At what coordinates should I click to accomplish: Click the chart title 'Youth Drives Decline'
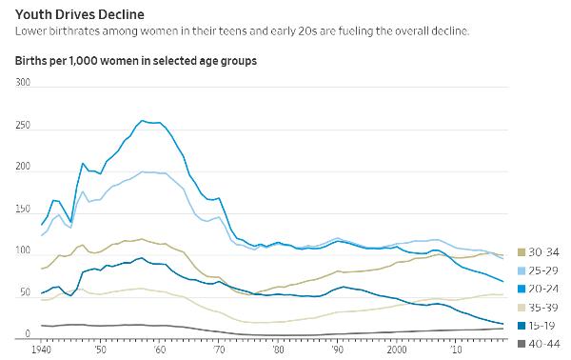(x=80, y=14)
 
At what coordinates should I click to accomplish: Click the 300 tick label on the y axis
(x=23, y=82)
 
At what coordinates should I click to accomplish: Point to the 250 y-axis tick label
(x=23, y=125)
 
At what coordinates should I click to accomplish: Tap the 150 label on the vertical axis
(x=23, y=209)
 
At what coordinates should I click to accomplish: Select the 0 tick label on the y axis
(x=28, y=333)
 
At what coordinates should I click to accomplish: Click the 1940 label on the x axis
(x=41, y=350)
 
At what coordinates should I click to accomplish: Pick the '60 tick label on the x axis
(x=159, y=350)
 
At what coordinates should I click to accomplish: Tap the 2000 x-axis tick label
(x=397, y=350)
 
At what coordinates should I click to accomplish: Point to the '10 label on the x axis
(x=455, y=350)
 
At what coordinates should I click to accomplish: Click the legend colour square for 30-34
(x=522, y=252)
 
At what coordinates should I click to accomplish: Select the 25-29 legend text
(x=543, y=270)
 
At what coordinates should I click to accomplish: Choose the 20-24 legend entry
(x=539, y=289)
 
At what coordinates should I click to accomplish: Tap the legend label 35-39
(x=543, y=308)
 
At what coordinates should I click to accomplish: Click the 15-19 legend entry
(x=539, y=326)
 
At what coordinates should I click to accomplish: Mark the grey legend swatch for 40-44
(x=522, y=344)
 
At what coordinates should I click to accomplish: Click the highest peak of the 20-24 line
(x=142, y=121)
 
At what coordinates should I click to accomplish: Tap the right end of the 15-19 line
(x=502, y=324)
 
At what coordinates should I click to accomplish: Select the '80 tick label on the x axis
(x=278, y=350)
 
